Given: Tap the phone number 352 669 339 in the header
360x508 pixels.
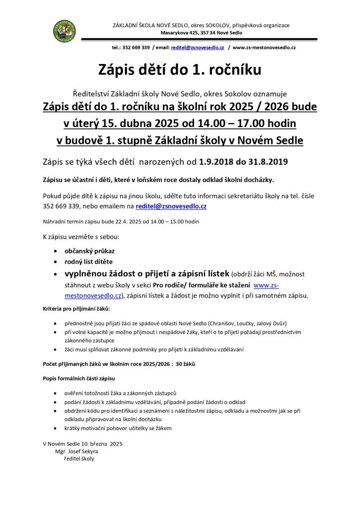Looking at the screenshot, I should [136, 48].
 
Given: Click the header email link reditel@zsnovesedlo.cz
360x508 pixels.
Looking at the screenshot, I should [198, 48].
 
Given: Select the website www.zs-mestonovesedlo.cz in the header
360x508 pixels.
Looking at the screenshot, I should [264, 48].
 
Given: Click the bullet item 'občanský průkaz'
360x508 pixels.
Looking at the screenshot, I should [89, 251].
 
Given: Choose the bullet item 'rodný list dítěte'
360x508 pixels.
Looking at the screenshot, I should [89, 261].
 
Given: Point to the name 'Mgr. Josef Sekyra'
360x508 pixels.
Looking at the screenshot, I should [77, 451].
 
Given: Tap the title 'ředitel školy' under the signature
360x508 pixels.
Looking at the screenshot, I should [75, 459].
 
